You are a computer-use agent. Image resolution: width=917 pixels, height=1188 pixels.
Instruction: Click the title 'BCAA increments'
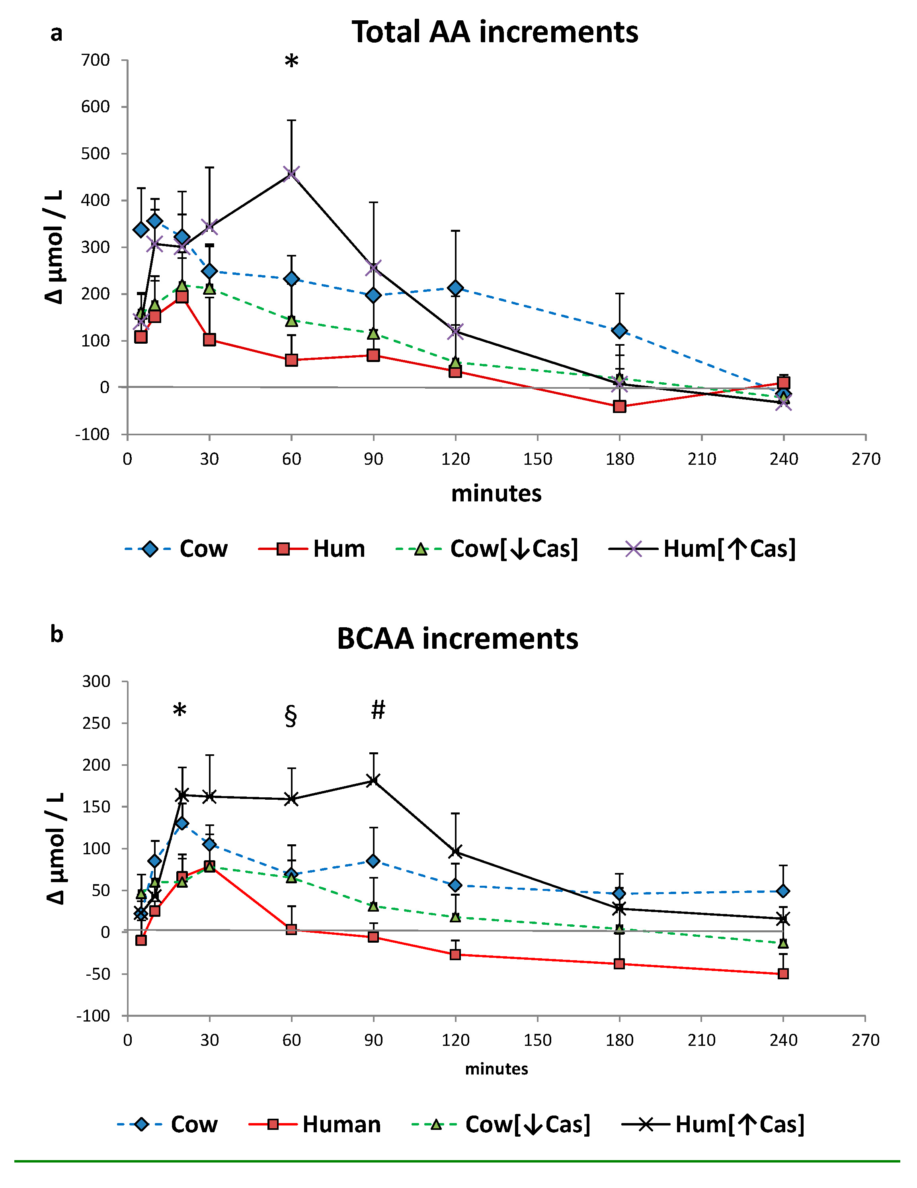[457, 638]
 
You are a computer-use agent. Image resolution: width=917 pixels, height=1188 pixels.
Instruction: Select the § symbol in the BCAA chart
[291, 716]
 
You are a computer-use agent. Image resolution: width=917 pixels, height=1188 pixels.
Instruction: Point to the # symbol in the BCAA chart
[378, 710]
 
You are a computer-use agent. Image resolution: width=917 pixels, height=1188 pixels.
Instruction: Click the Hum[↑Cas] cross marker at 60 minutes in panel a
[291, 174]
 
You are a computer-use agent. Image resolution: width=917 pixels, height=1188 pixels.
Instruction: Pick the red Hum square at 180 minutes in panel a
[619, 406]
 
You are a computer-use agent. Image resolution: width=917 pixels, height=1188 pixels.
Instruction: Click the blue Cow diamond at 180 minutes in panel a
[619, 330]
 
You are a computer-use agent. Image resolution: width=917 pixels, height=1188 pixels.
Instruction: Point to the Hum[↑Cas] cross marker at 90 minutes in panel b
[373, 780]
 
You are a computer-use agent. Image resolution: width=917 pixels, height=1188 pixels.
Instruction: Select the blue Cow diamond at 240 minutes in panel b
[783, 891]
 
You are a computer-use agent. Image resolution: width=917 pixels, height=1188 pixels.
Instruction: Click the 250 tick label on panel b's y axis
[96, 723]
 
